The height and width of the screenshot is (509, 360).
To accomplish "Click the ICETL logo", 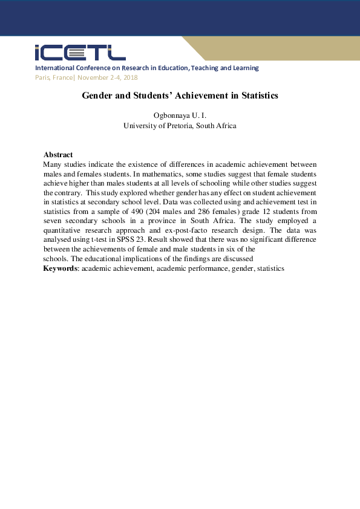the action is [x=80, y=53].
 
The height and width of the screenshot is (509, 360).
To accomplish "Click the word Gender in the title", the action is [x=97, y=96].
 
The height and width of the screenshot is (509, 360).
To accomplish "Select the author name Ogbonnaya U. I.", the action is [x=180, y=115].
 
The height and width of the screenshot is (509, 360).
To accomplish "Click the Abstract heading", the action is [x=58, y=155].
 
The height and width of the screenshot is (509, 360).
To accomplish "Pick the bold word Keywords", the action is [x=61, y=268].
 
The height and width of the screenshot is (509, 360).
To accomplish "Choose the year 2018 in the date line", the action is [x=131, y=77].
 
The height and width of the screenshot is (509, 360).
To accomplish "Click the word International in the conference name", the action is [x=55, y=68].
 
